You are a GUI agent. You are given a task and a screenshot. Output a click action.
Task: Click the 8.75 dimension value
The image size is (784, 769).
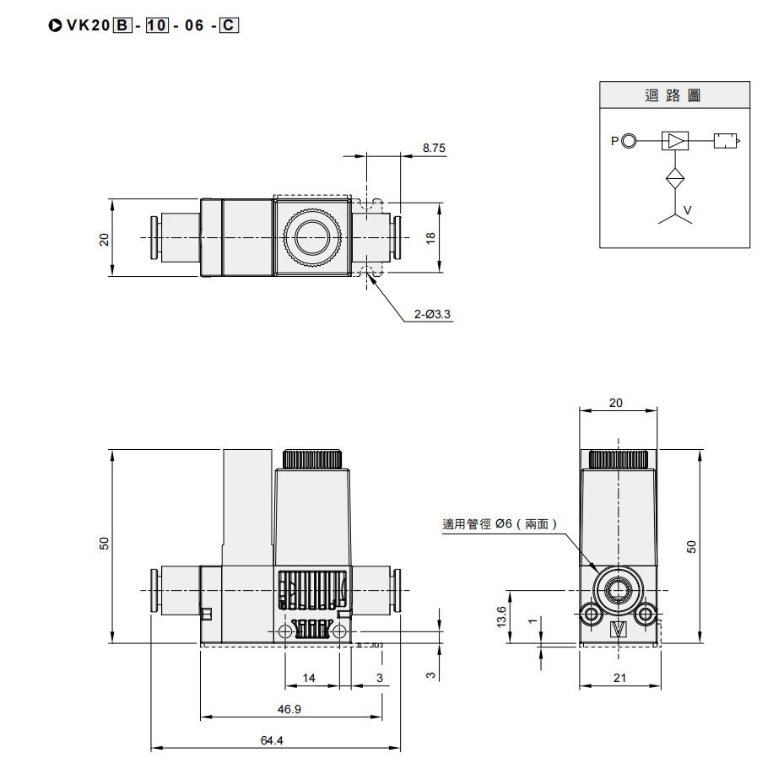tap(434, 148)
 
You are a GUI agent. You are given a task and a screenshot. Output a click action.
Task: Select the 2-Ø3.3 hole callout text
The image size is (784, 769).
tap(432, 314)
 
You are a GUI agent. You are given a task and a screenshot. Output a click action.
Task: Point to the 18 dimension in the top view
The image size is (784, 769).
tap(430, 239)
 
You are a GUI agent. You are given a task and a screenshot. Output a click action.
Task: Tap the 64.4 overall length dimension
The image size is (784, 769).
tap(272, 740)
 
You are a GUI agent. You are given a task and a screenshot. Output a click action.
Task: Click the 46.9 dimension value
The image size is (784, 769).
tap(289, 710)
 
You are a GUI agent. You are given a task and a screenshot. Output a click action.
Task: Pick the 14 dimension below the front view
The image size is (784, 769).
tap(309, 678)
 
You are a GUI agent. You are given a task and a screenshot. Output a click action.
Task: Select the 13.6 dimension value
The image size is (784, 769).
tap(502, 616)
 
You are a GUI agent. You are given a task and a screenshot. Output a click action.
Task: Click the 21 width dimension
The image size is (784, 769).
tap(619, 678)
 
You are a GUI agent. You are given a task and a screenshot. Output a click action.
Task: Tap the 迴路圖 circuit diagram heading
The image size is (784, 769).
tap(673, 95)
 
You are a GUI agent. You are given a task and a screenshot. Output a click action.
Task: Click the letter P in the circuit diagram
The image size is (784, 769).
tap(614, 141)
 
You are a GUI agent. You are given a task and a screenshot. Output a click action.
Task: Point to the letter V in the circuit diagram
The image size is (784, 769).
tap(687, 209)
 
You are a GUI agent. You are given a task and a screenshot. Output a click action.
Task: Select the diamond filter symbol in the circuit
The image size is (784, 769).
tap(675, 179)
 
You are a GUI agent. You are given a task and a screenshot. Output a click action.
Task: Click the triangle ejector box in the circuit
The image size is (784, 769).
tap(675, 141)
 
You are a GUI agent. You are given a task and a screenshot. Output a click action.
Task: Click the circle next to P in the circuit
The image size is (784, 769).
tap(629, 141)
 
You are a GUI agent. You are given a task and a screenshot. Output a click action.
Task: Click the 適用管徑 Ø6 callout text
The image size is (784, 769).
tap(500, 524)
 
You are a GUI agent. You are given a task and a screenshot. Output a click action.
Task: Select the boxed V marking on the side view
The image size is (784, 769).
tap(618, 631)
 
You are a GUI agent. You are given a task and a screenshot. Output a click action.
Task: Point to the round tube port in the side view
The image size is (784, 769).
tap(618, 588)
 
